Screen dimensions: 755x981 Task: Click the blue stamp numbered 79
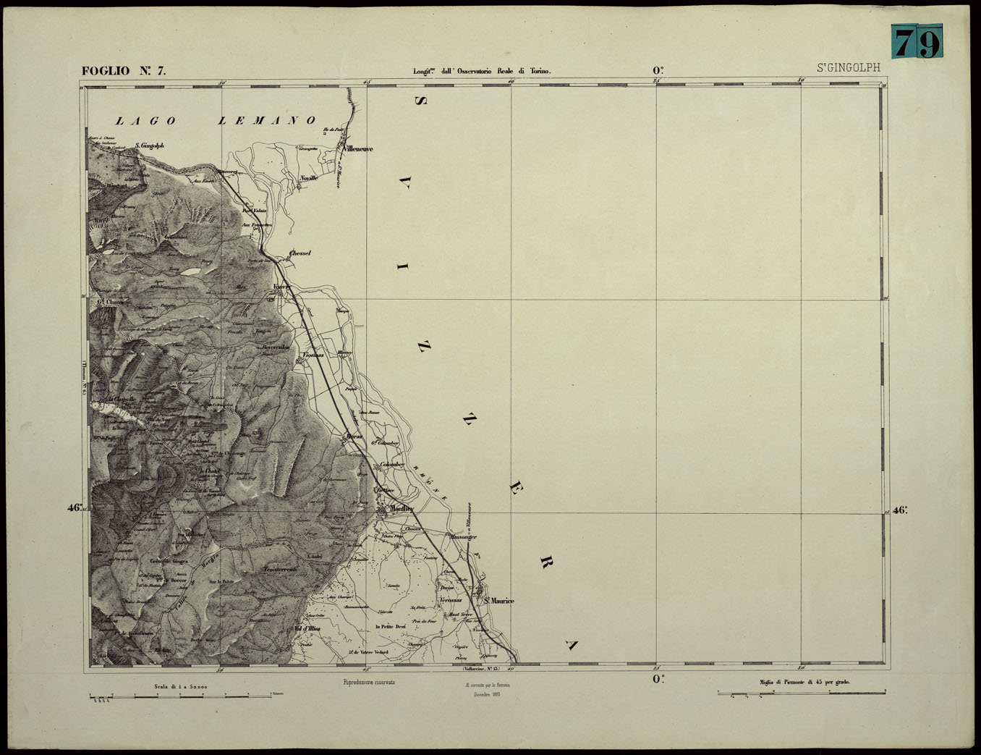pyautogui.click(x=917, y=41)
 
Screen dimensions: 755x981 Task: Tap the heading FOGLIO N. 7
pyautogui.click(x=124, y=71)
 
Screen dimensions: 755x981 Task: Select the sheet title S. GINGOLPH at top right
pyautogui.click(x=849, y=68)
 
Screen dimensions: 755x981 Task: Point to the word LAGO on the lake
pyautogui.click(x=148, y=121)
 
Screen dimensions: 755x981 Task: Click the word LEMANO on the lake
pyautogui.click(x=267, y=121)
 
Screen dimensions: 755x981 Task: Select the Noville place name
pyautogui.click(x=309, y=177)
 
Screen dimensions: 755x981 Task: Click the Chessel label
pyautogui.click(x=300, y=253)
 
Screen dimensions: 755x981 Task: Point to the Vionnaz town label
pyautogui.click(x=313, y=355)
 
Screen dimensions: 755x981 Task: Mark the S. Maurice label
pyautogui.click(x=499, y=601)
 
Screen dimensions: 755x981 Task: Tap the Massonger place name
pyautogui.click(x=463, y=537)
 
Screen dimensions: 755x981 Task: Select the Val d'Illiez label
pyautogui.click(x=307, y=629)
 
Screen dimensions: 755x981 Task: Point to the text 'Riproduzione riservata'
pyautogui.click(x=369, y=682)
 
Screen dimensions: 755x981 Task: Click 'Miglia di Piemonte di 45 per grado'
pyautogui.click(x=804, y=682)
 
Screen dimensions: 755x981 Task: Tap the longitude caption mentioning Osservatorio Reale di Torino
pyautogui.click(x=482, y=71)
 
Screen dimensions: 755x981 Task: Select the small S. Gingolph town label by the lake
pyautogui.click(x=149, y=145)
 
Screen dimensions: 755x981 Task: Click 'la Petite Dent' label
pyautogui.click(x=390, y=626)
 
